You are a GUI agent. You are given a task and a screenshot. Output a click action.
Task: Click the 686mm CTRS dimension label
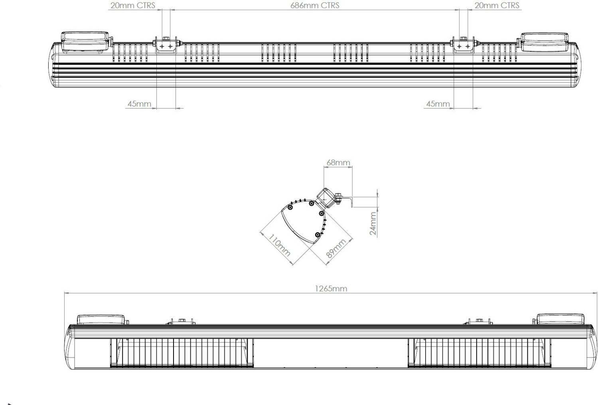[314, 6]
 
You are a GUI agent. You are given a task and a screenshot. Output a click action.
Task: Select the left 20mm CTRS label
[132, 6]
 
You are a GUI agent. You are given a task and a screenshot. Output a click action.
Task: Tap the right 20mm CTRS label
[497, 6]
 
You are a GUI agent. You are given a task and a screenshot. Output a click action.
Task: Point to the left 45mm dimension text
[139, 104]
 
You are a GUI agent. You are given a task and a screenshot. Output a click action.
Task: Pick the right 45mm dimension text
[438, 104]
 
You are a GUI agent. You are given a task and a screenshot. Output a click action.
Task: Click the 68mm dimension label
[338, 162]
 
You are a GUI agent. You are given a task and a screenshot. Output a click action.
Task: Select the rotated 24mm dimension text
[373, 223]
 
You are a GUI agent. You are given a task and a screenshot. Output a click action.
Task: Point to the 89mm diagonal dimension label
[336, 249]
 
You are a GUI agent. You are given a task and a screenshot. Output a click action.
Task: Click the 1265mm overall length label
[331, 288]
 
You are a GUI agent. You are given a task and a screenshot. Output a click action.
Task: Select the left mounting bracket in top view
[166, 45]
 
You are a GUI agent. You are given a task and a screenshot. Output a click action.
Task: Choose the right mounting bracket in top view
[463, 45]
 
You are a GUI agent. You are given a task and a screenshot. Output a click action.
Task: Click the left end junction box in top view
[85, 41]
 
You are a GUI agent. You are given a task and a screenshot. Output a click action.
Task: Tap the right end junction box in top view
[545, 42]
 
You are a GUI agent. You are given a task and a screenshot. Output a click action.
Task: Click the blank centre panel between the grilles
[330, 353]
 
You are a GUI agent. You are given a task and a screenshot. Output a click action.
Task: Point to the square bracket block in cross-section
[325, 198]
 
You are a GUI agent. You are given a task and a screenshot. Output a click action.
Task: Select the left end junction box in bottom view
[101, 320]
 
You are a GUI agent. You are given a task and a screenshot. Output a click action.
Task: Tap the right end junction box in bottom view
[560, 319]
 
